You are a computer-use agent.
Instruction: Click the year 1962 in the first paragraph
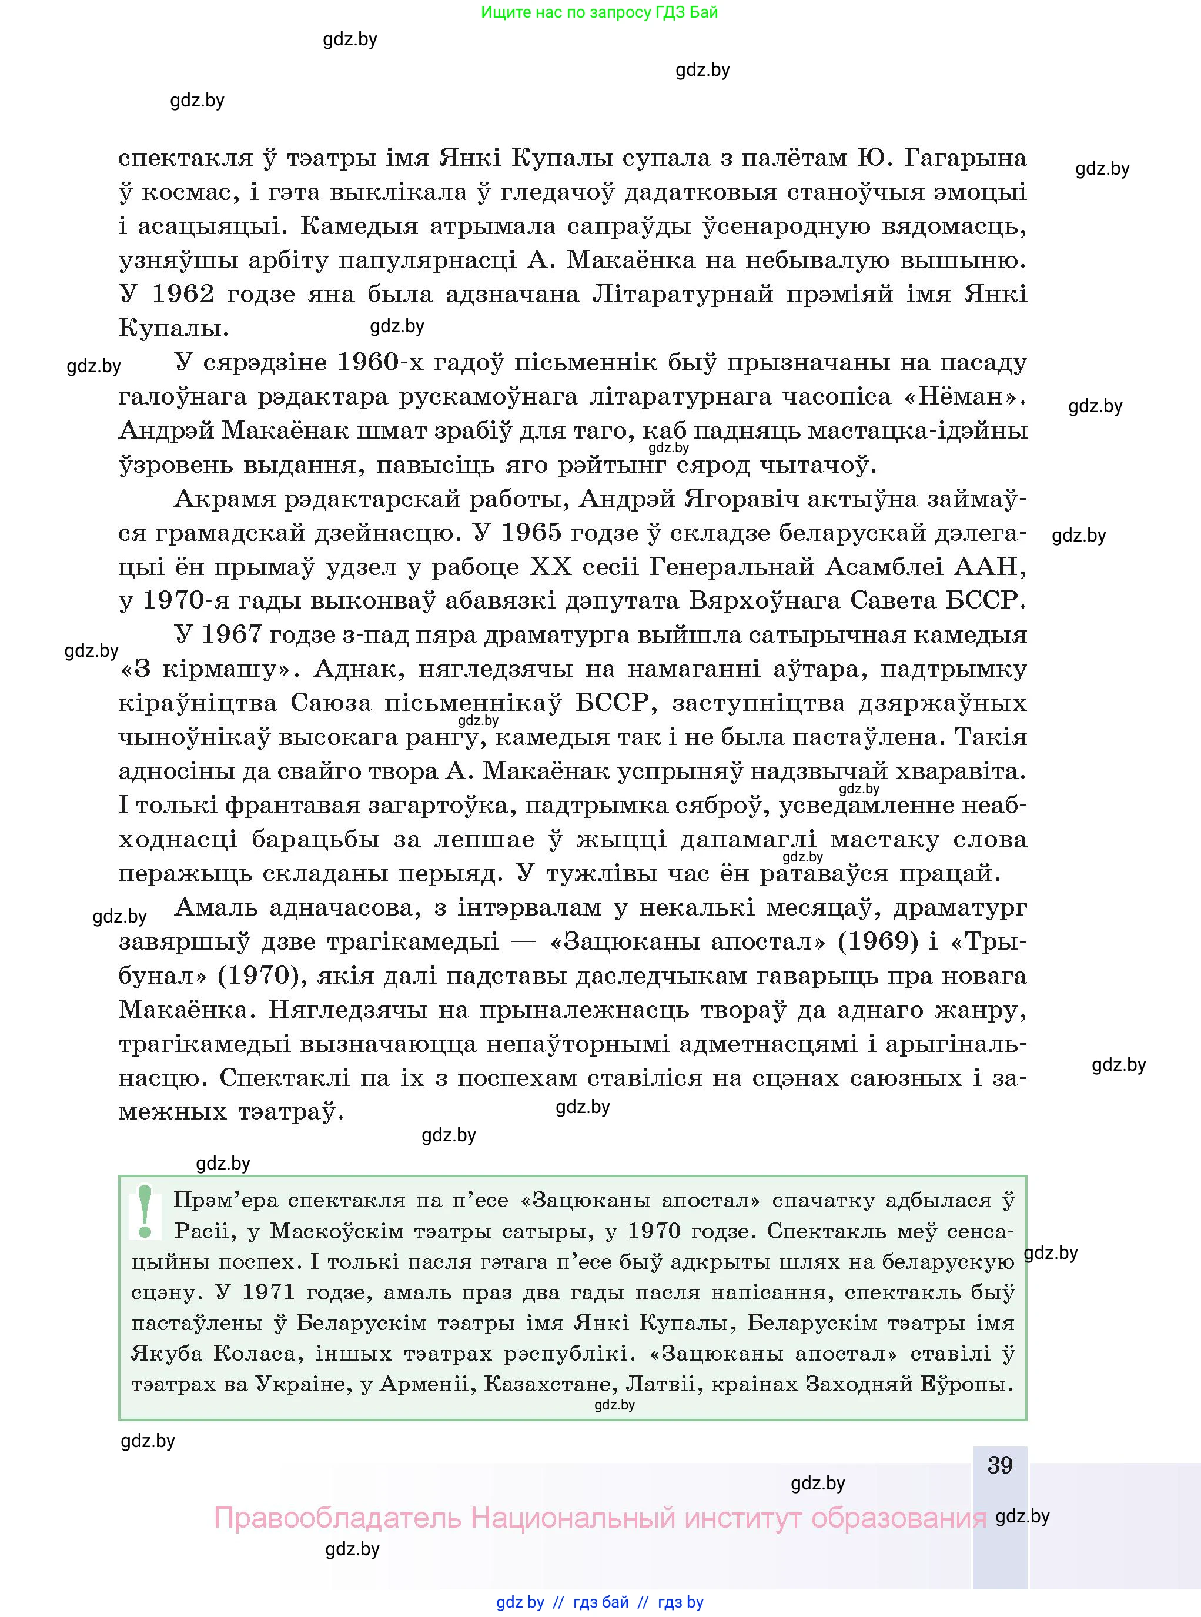183,294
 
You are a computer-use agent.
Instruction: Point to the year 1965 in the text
531,533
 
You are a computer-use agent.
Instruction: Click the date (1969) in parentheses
878,941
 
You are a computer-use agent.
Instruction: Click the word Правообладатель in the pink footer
337,1518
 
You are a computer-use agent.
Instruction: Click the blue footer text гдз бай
601,1602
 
